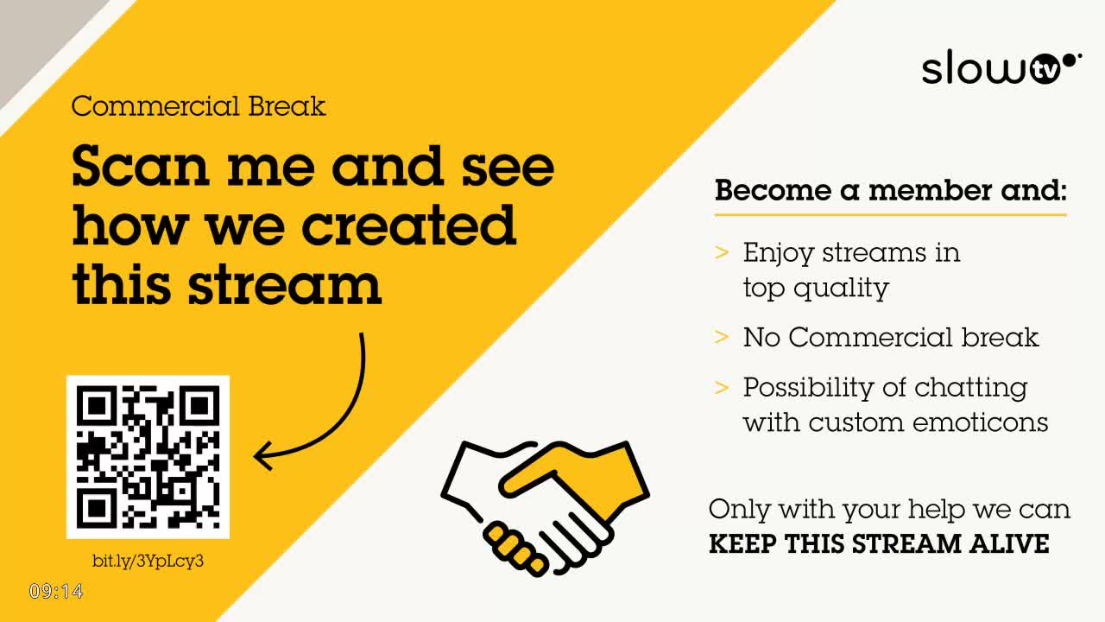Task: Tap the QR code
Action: (x=148, y=456)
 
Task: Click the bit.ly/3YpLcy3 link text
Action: (x=148, y=561)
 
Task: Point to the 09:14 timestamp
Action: (x=56, y=592)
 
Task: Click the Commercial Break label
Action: (x=199, y=106)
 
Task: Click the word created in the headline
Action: (x=408, y=225)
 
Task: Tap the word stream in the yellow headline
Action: (x=284, y=283)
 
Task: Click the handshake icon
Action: (x=545, y=505)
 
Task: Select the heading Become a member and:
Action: (x=890, y=190)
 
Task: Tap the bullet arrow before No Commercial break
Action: (x=723, y=337)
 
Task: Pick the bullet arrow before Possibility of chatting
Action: (x=723, y=387)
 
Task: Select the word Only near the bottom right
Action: (x=740, y=509)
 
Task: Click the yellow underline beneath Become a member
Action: (x=890, y=214)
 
